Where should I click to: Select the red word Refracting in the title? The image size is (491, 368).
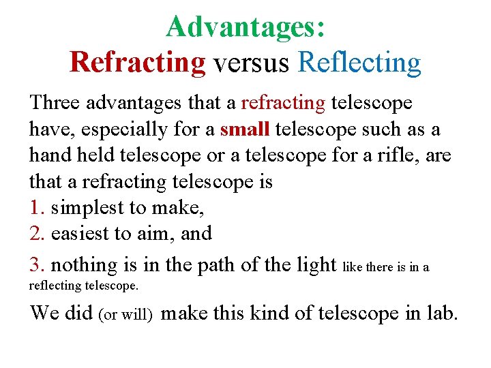138,62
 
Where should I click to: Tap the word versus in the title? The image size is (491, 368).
251,62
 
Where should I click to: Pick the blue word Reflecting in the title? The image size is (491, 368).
359,62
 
